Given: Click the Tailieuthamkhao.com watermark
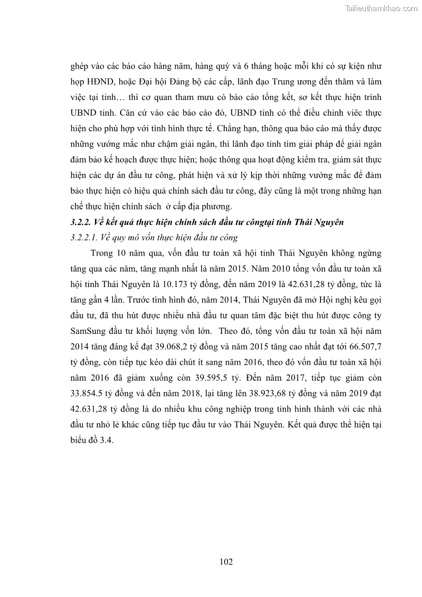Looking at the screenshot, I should (382, 8).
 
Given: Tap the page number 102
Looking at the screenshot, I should (226, 561).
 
